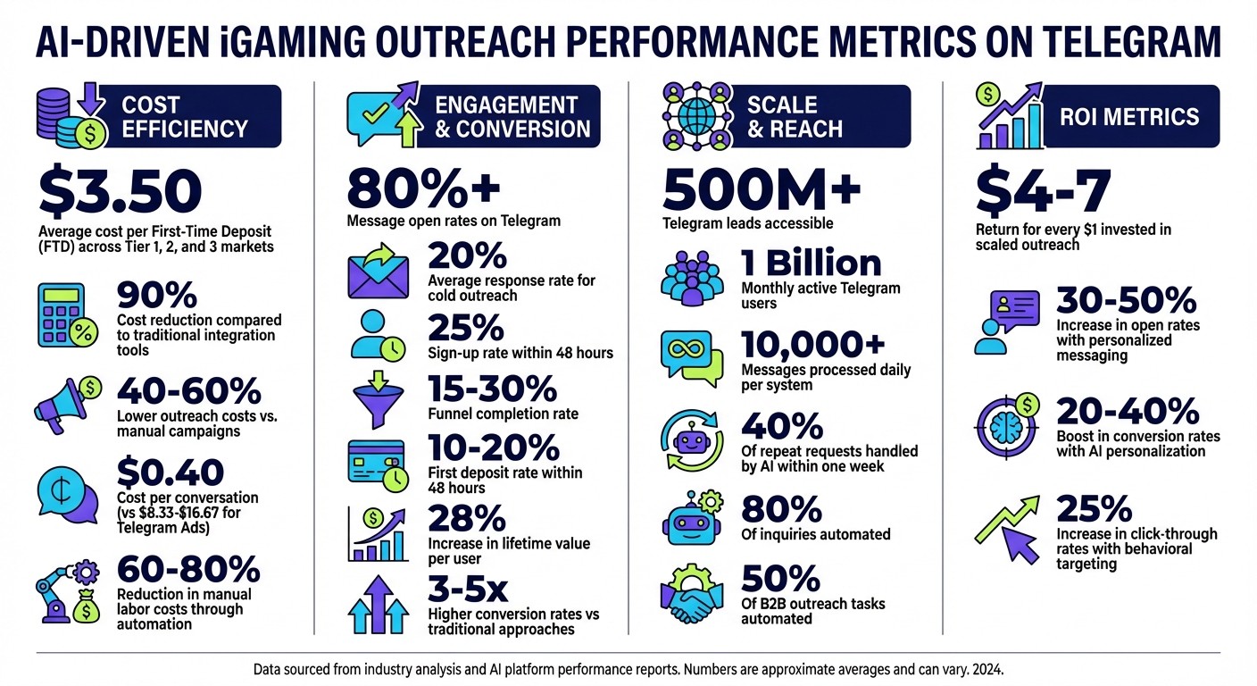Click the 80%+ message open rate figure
424,188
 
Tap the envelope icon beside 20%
377,271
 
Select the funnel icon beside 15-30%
377,398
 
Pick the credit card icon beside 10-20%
377,462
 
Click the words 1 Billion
812,263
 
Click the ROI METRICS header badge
1128,117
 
